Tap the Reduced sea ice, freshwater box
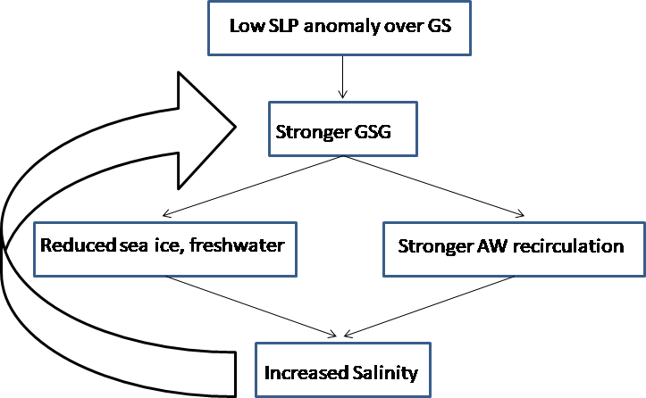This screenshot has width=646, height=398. point(167,245)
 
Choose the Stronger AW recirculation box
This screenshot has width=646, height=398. point(514,245)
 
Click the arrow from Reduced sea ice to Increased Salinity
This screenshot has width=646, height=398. point(250,306)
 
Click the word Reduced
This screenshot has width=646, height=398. point(69,245)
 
